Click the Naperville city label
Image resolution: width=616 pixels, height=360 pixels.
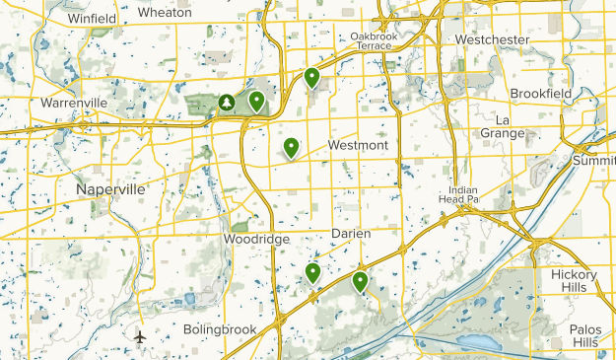[110, 188]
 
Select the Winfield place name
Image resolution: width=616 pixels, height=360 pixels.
[92, 18]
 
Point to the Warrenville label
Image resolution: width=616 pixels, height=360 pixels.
[73, 103]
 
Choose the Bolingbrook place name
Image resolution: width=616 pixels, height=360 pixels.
[220, 329]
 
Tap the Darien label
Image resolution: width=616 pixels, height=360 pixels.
[349, 233]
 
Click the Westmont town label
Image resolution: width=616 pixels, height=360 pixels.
[358, 145]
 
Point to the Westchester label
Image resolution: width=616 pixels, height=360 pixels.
[492, 39]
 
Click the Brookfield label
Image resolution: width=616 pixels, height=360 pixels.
[540, 93]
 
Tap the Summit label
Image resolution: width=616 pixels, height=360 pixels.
[594, 160]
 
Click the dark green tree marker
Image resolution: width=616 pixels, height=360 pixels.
[227, 102]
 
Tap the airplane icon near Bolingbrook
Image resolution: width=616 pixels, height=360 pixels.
[140, 337]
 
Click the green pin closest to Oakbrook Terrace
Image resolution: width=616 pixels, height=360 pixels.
[311, 76]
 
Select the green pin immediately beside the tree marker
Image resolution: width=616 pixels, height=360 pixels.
[256, 100]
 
